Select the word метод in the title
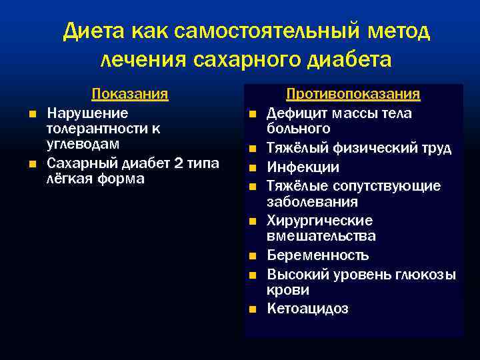pos(397,31)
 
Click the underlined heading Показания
pos(129,94)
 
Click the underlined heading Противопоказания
pos(353,94)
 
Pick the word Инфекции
pos(303,167)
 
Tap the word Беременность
pos(317,255)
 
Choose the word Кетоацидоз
pos(307,309)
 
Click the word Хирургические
pos(319,221)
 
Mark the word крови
pos(287,290)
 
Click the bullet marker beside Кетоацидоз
pos(253,309)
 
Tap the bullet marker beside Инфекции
pos(253,167)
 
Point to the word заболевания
pos(312,201)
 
